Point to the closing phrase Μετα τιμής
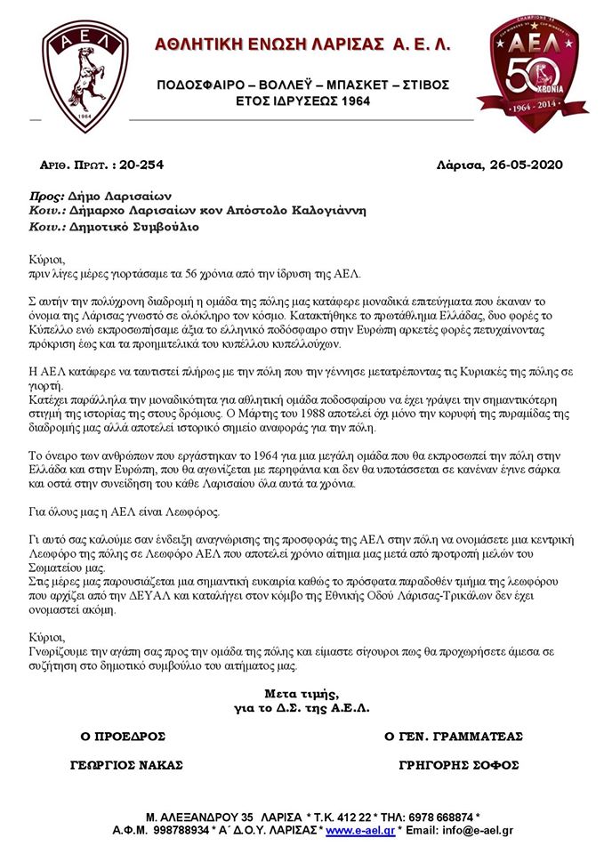pos(302,693)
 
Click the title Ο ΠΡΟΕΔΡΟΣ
pos(124,736)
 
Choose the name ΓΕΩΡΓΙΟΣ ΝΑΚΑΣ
pos(126,765)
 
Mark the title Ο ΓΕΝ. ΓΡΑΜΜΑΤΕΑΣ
pos(454,736)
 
